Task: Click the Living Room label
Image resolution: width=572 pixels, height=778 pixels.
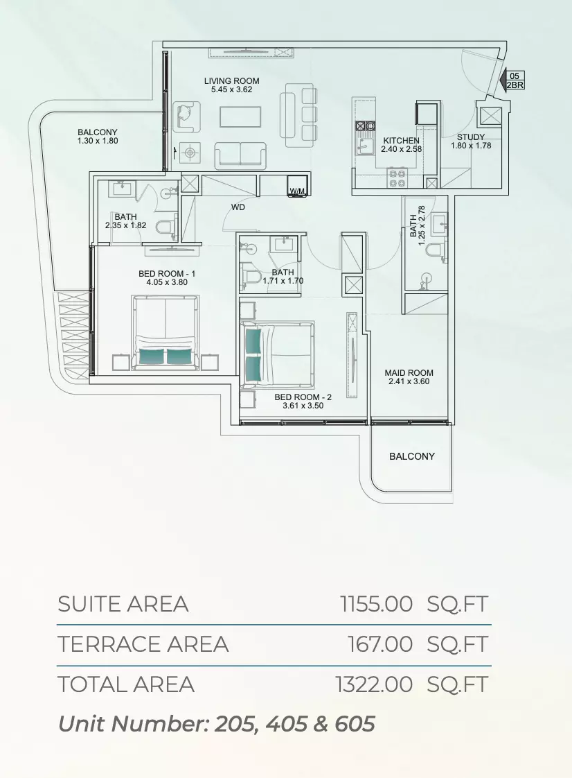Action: [x=231, y=81]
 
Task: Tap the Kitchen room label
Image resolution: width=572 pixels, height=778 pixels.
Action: [x=401, y=141]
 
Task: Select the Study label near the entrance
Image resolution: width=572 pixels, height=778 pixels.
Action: [x=470, y=137]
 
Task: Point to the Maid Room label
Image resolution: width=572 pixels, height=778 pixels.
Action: [x=409, y=372]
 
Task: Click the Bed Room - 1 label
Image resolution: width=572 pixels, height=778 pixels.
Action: [x=167, y=274]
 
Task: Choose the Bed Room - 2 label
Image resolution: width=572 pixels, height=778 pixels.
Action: [x=303, y=397]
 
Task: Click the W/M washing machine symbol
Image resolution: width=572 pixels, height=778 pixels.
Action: [x=297, y=191]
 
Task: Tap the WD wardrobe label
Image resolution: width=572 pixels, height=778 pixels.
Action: [x=238, y=207]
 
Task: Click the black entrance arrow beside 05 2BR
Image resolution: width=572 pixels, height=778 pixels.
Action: [x=501, y=80]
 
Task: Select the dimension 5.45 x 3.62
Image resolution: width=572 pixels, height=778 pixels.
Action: [x=231, y=90]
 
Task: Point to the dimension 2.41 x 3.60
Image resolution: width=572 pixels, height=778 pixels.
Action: [x=409, y=381]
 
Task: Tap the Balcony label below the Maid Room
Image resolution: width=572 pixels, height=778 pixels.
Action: [x=412, y=456]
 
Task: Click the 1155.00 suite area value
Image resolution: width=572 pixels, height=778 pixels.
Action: [x=376, y=605]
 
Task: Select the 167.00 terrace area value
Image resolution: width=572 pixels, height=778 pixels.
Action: [x=380, y=645]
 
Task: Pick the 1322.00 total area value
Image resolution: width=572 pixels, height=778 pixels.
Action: [x=374, y=684]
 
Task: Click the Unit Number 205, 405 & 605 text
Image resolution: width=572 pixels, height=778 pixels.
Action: [x=217, y=724]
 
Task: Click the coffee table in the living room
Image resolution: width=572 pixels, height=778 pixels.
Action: [x=240, y=117]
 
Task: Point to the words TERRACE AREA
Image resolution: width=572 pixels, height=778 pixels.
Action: [x=143, y=645]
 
